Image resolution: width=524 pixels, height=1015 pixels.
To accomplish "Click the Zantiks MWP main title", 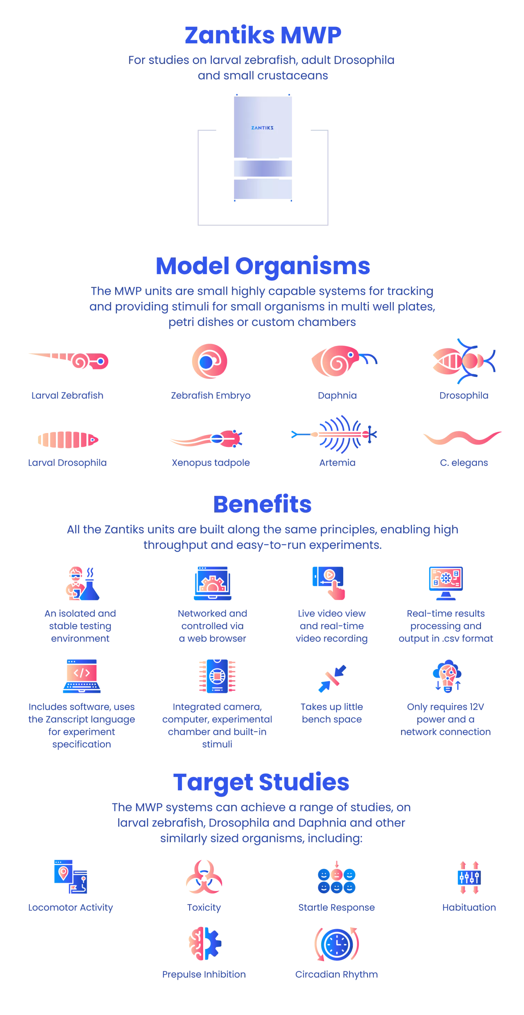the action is [x=263, y=35].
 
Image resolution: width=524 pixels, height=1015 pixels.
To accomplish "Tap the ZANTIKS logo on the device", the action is [x=262, y=128].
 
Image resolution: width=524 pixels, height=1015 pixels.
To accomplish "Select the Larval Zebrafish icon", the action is [x=69, y=360].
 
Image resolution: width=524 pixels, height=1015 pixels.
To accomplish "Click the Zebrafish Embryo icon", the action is [x=210, y=361].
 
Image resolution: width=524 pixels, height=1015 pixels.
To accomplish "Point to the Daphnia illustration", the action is [x=344, y=360].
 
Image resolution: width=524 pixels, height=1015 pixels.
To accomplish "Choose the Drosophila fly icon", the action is [x=464, y=361].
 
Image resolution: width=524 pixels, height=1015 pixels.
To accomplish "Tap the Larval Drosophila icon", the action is [x=68, y=439].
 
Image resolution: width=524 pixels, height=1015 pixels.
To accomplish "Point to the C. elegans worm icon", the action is [x=462, y=438].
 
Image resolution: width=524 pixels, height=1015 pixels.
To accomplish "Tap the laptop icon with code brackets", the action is [x=82, y=676].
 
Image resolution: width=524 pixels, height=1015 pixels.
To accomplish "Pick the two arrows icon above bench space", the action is [x=332, y=679].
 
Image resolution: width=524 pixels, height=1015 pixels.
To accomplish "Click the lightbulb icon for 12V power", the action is [x=447, y=676].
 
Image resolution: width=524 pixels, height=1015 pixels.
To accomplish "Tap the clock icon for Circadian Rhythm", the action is [x=337, y=944].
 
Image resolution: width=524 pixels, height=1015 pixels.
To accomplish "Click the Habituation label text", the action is [x=469, y=907].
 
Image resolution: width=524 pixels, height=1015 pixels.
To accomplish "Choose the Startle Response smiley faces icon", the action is [x=337, y=877].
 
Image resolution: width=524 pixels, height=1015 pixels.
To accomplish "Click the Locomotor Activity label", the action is [x=71, y=907].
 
